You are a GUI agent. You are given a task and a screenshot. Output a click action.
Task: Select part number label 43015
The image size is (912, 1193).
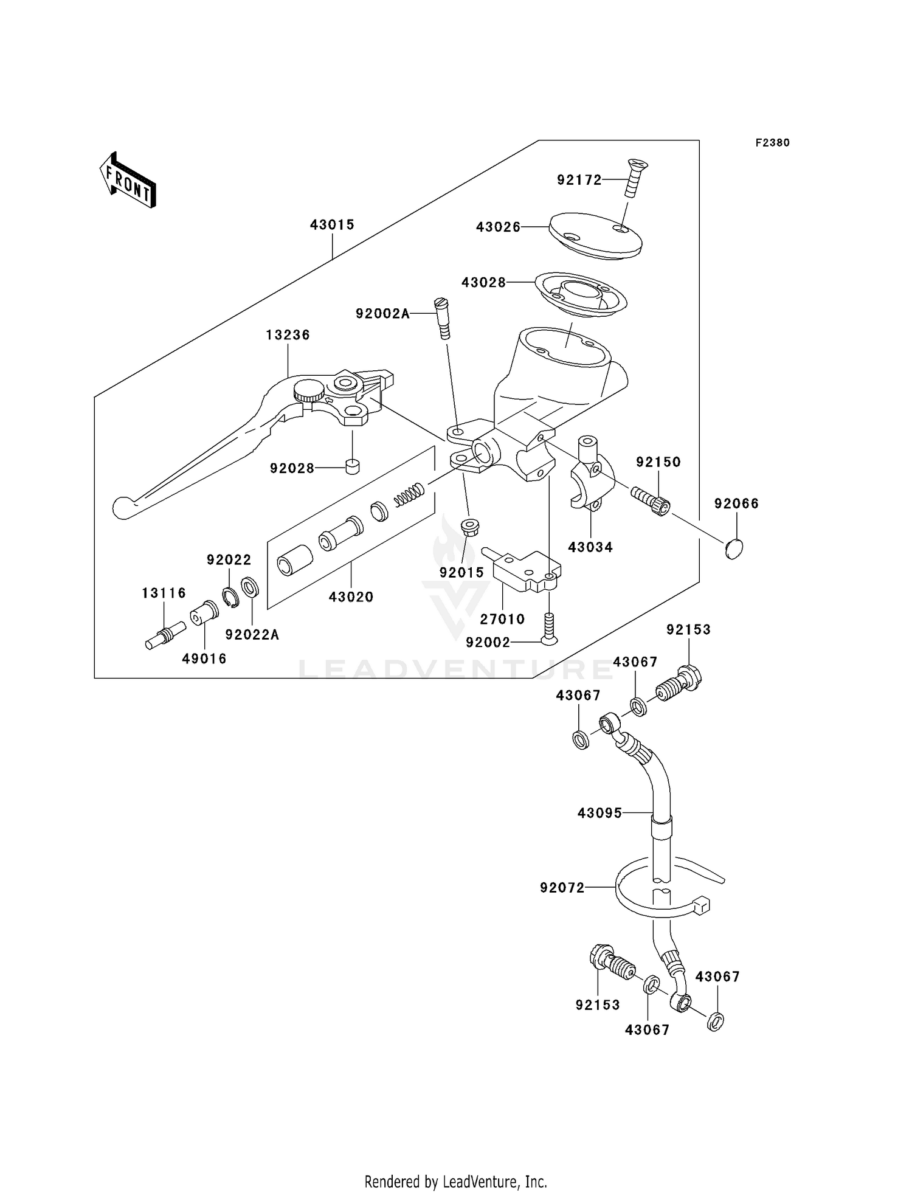332,225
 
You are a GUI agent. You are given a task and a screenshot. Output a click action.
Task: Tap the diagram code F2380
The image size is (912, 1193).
772,143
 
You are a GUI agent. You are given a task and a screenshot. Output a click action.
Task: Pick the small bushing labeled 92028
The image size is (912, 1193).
352,467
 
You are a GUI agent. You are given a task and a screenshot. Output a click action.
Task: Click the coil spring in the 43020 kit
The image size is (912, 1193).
409,494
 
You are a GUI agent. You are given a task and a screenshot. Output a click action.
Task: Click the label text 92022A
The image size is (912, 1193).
252,635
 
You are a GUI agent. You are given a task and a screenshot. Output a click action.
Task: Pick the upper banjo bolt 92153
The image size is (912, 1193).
679,685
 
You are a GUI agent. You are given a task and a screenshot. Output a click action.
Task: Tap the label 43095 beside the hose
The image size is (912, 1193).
599,813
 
